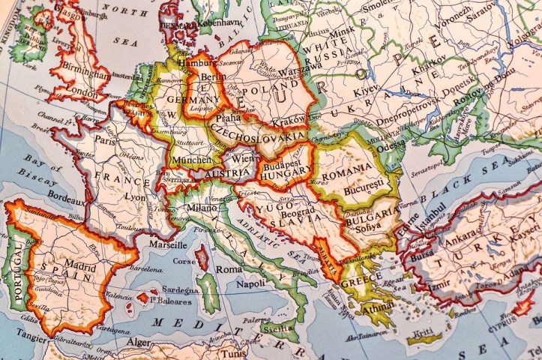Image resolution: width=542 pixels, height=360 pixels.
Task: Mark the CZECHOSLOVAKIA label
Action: pos(259,139)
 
